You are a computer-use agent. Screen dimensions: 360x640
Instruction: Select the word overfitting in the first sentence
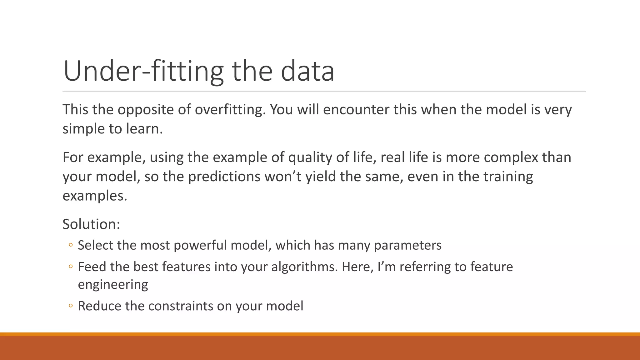coord(230,110)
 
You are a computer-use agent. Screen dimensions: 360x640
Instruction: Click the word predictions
coord(224,177)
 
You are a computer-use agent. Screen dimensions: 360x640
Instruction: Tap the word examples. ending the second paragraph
coord(95,196)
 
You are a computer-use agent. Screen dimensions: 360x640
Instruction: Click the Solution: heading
coord(91,224)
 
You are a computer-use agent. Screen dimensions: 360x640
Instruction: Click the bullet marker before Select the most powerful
coord(71,245)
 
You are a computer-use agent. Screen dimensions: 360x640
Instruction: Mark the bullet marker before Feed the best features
coord(71,267)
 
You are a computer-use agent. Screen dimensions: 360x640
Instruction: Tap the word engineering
coord(113,285)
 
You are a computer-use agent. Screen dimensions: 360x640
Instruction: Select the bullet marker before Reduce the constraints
coord(71,306)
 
